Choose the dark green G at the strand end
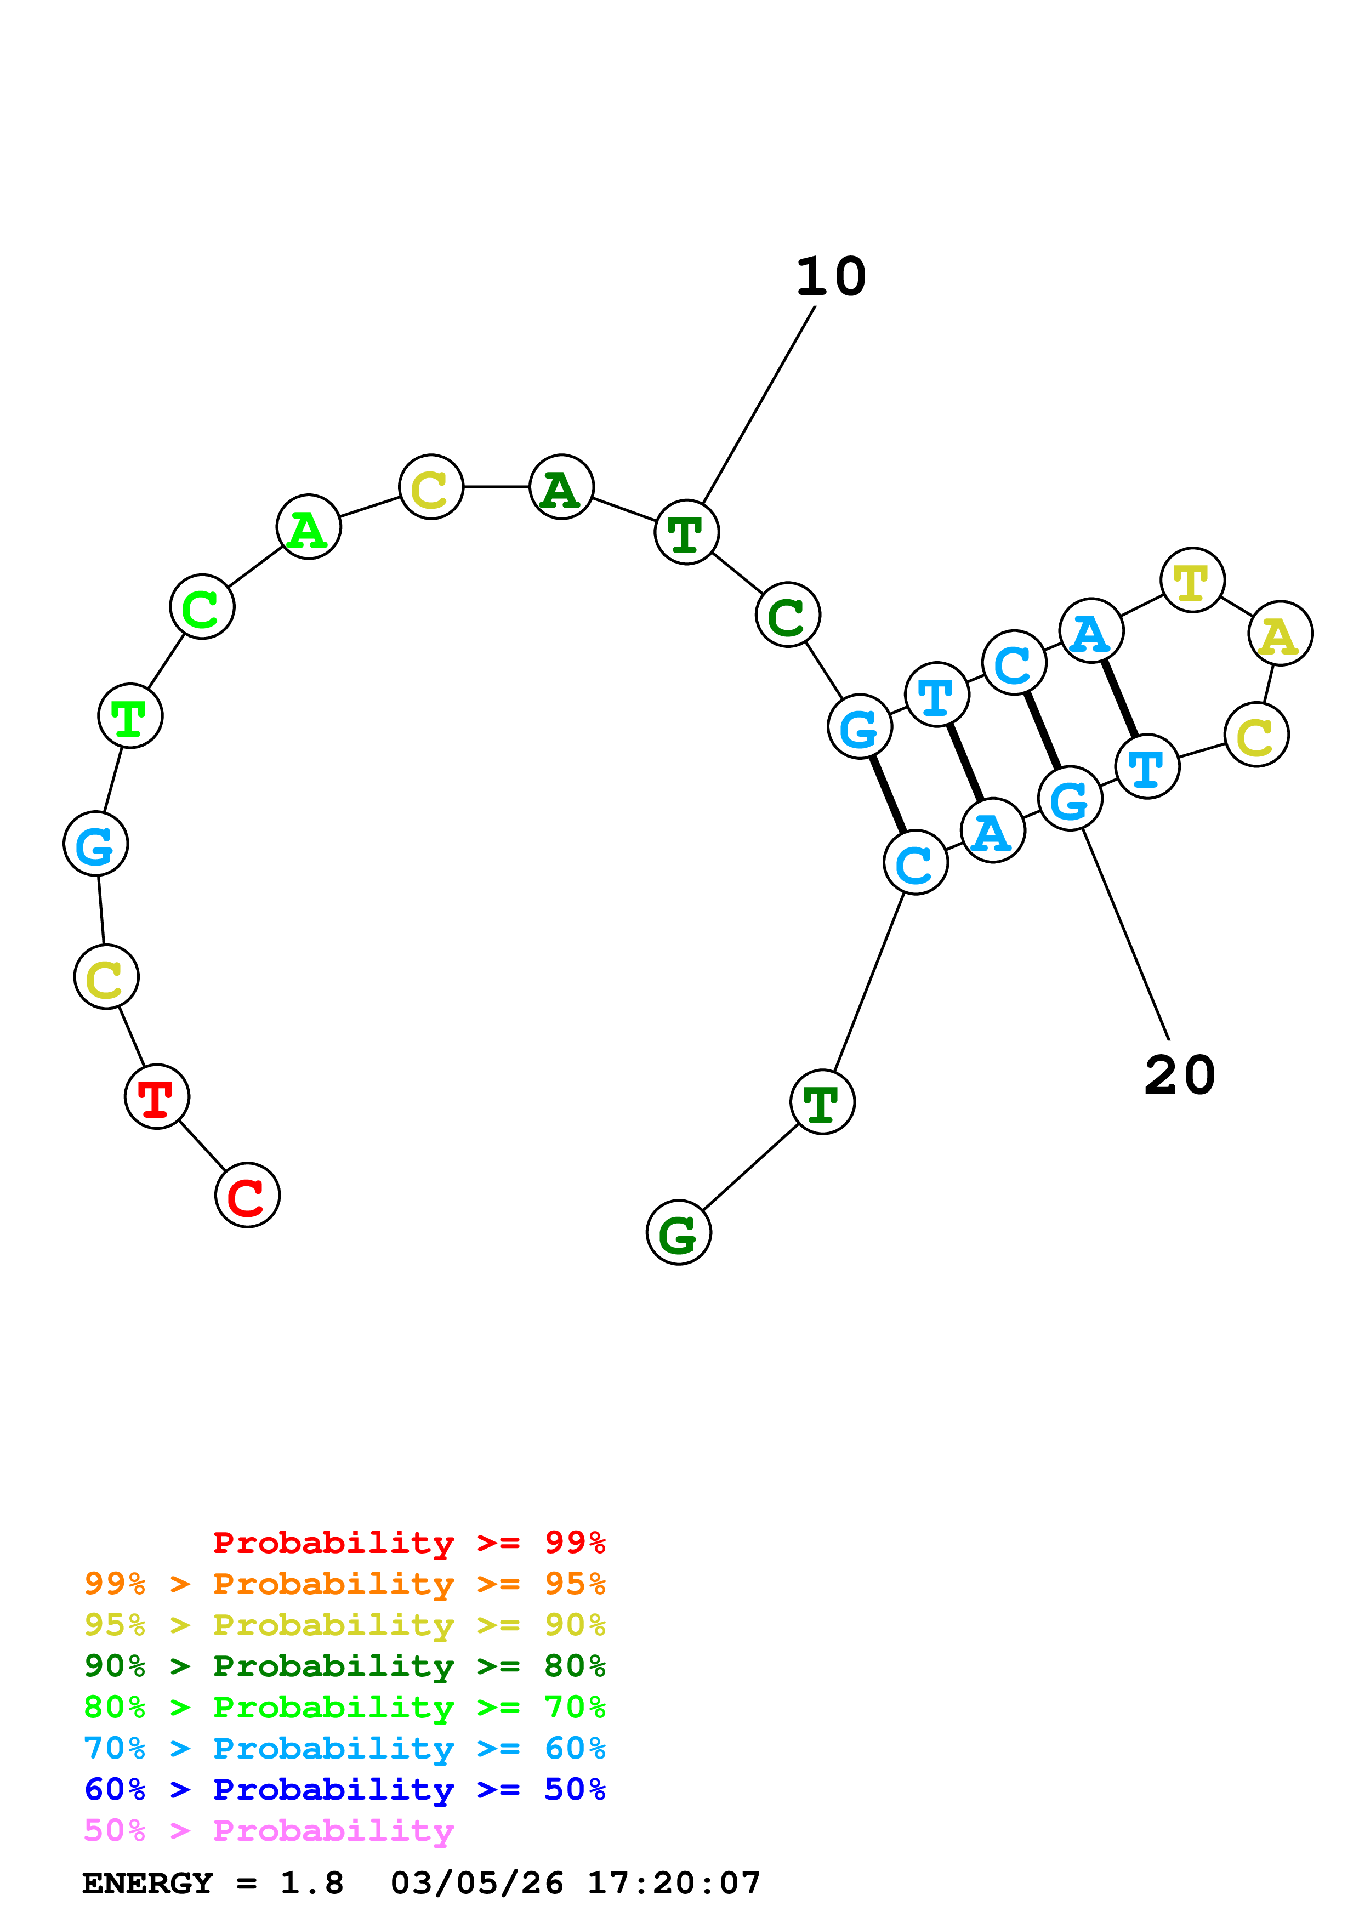pos(678,1233)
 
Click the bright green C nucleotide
pos(202,607)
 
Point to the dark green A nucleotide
pos(561,487)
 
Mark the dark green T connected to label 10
pos(686,533)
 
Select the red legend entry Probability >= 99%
pos(408,1543)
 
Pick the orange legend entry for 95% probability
pos(345,1584)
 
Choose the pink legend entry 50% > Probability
pos(269,1831)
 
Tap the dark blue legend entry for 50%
pos(345,1790)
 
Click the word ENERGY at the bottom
pos(147,1884)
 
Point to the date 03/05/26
pos(476,1884)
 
